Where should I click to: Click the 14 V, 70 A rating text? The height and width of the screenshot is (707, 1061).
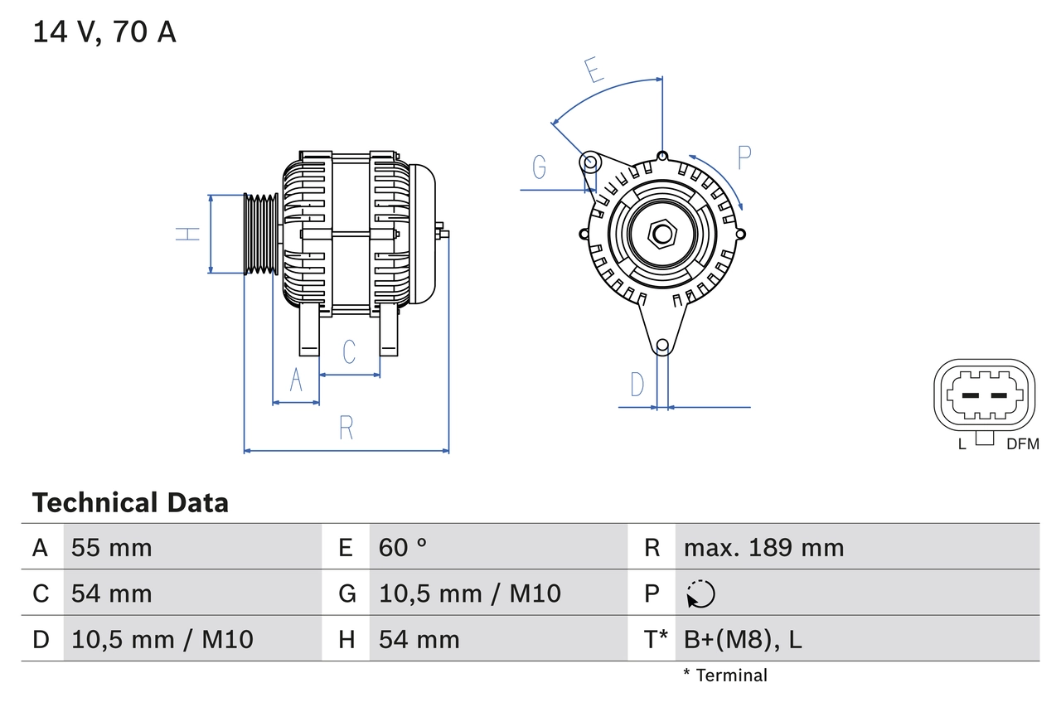tap(104, 32)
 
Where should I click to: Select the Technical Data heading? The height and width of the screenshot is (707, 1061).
tap(130, 502)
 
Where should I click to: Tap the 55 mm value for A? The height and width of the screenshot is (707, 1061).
tap(112, 547)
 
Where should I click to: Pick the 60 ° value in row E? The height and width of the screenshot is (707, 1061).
tap(403, 547)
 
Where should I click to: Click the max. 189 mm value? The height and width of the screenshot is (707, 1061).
tap(763, 547)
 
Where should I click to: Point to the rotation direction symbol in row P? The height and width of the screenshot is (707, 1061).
tap(700, 593)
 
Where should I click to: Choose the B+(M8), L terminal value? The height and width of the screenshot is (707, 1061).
tap(743, 639)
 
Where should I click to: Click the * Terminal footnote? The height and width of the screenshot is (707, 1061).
tap(725, 676)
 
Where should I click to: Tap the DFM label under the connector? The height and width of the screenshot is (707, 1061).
tap(1022, 444)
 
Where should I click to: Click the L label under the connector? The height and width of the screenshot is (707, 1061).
tap(962, 444)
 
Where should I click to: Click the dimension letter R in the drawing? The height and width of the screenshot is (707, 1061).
tap(346, 428)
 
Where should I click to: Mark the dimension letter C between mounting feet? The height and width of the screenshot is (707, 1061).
tap(349, 351)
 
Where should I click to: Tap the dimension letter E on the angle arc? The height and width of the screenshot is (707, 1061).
tap(593, 70)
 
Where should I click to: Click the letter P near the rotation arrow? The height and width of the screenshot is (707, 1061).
tap(744, 157)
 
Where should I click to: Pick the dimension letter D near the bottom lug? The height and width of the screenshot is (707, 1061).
tap(637, 385)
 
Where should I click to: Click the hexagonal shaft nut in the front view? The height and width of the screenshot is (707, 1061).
tap(661, 233)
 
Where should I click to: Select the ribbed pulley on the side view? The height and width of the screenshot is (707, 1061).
tap(260, 234)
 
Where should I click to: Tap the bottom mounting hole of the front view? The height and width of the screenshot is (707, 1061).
tap(662, 346)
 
